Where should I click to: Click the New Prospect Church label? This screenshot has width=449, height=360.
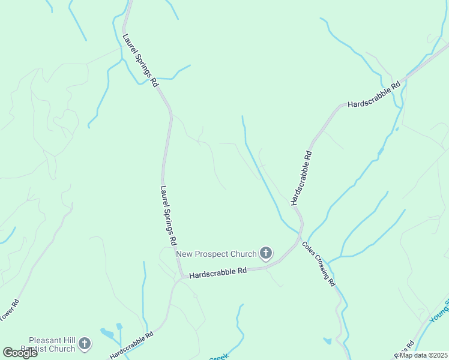[216, 254]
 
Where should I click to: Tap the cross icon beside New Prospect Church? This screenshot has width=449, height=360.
[266, 254]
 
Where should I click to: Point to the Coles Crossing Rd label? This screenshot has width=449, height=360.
[319, 264]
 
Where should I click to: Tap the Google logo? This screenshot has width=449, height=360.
[20, 353]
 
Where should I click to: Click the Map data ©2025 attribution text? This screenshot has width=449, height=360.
[423, 355]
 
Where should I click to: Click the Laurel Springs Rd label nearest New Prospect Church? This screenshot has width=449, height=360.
[168, 214]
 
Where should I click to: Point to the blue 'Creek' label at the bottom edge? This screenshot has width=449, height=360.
[218, 358]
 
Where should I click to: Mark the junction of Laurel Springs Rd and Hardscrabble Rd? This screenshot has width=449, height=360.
[182, 277]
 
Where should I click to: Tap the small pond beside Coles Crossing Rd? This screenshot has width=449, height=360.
[327, 341]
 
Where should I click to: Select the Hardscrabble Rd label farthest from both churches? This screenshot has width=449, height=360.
[373, 95]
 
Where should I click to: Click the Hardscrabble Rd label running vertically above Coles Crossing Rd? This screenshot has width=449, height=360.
[301, 178]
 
